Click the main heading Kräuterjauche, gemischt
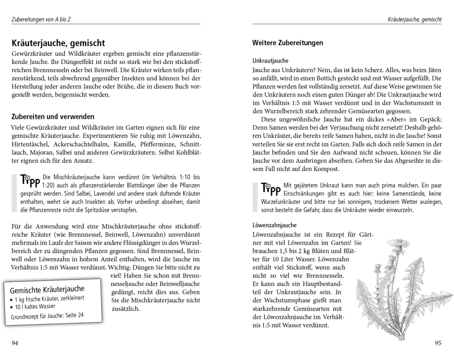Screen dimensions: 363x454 point(59,44)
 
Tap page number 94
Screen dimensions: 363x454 point(15,343)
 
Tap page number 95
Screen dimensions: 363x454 point(438,343)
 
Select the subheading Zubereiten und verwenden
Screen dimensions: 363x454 point(53,117)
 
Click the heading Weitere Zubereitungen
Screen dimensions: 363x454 point(287,43)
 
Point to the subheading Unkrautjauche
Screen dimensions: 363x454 point(270,60)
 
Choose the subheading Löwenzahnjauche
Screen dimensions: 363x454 point(274,225)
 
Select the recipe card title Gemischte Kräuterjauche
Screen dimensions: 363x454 point(47,289)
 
